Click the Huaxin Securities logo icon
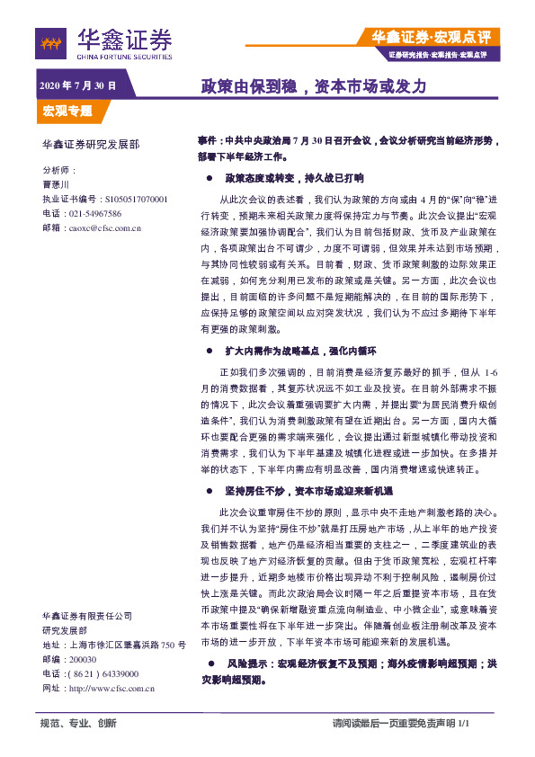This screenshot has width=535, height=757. [52, 41]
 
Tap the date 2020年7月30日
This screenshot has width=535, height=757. [77, 86]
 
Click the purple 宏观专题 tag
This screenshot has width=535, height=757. [67, 111]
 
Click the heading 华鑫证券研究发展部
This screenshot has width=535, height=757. [91, 144]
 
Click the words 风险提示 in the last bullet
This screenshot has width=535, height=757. [248, 663]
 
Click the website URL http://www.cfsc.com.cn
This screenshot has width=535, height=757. [113, 688]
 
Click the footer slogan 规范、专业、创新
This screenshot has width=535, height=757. [79, 724]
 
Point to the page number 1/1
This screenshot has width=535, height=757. [464, 724]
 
